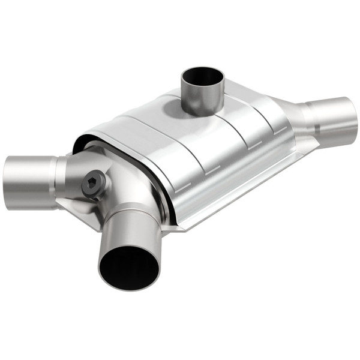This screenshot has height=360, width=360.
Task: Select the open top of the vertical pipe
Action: tap(203, 77)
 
